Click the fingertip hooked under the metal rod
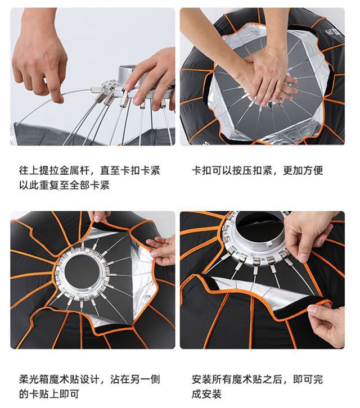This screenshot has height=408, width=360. [x=58, y=98]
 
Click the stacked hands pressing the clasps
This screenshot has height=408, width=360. [x=268, y=78]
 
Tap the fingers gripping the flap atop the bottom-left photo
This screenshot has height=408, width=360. [x=100, y=217]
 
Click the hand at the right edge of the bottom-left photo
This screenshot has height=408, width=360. [x=163, y=250]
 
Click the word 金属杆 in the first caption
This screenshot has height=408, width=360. [x=74, y=171]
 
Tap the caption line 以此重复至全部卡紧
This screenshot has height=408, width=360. [x=64, y=185]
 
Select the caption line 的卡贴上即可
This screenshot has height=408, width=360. [x=49, y=394]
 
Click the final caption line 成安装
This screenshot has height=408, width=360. [x=207, y=394]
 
